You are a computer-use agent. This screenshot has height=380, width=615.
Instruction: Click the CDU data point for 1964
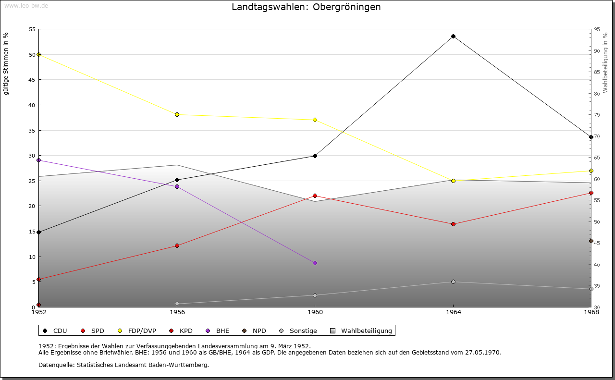(453, 37)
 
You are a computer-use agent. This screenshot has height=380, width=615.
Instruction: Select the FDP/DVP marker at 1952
(39, 55)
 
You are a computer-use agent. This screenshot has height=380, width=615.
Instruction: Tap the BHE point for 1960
(315, 263)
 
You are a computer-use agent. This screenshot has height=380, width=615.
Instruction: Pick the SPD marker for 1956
(177, 246)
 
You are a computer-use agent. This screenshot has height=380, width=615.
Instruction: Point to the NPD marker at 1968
(591, 241)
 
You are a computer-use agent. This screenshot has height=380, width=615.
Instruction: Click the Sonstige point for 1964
(453, 282)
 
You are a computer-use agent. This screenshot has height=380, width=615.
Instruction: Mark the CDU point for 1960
(315, 156)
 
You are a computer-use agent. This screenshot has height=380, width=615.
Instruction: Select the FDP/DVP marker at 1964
(453, 181)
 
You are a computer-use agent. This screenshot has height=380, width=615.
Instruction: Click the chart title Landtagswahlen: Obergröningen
(306, 7)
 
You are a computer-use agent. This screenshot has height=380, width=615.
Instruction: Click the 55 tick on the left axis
(32, 29)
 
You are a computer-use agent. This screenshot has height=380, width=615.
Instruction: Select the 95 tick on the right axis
(597, 29)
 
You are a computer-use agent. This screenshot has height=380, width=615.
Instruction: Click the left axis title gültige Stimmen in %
(6, 63)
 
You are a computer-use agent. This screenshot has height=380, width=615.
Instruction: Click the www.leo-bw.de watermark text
(25, 5)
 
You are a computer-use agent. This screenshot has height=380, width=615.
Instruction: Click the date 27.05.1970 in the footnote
(482, 353)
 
